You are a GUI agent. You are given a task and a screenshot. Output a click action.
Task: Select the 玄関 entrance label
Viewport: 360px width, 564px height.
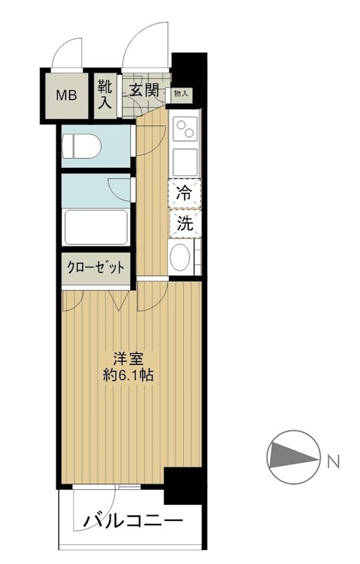(x=144, y=90)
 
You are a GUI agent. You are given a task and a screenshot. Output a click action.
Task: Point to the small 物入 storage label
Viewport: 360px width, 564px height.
(x=180, y=92)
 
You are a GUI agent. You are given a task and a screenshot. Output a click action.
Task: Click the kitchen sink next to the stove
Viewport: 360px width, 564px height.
(x=185, y=161)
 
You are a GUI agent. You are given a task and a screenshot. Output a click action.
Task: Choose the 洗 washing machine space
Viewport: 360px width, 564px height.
(x=185, y=224)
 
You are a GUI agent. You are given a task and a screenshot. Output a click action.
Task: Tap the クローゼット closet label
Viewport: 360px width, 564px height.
(x=96, y=268)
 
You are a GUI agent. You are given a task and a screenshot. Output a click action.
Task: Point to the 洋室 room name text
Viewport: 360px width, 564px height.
(x=130, y=357)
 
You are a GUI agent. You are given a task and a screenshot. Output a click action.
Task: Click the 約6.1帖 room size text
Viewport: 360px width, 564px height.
(x=130, y=375)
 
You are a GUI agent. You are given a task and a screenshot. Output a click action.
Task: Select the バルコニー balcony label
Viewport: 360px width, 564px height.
(x=134, y=522)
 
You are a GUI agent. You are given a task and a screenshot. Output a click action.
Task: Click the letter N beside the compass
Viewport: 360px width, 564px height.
(x=333, y=462)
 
